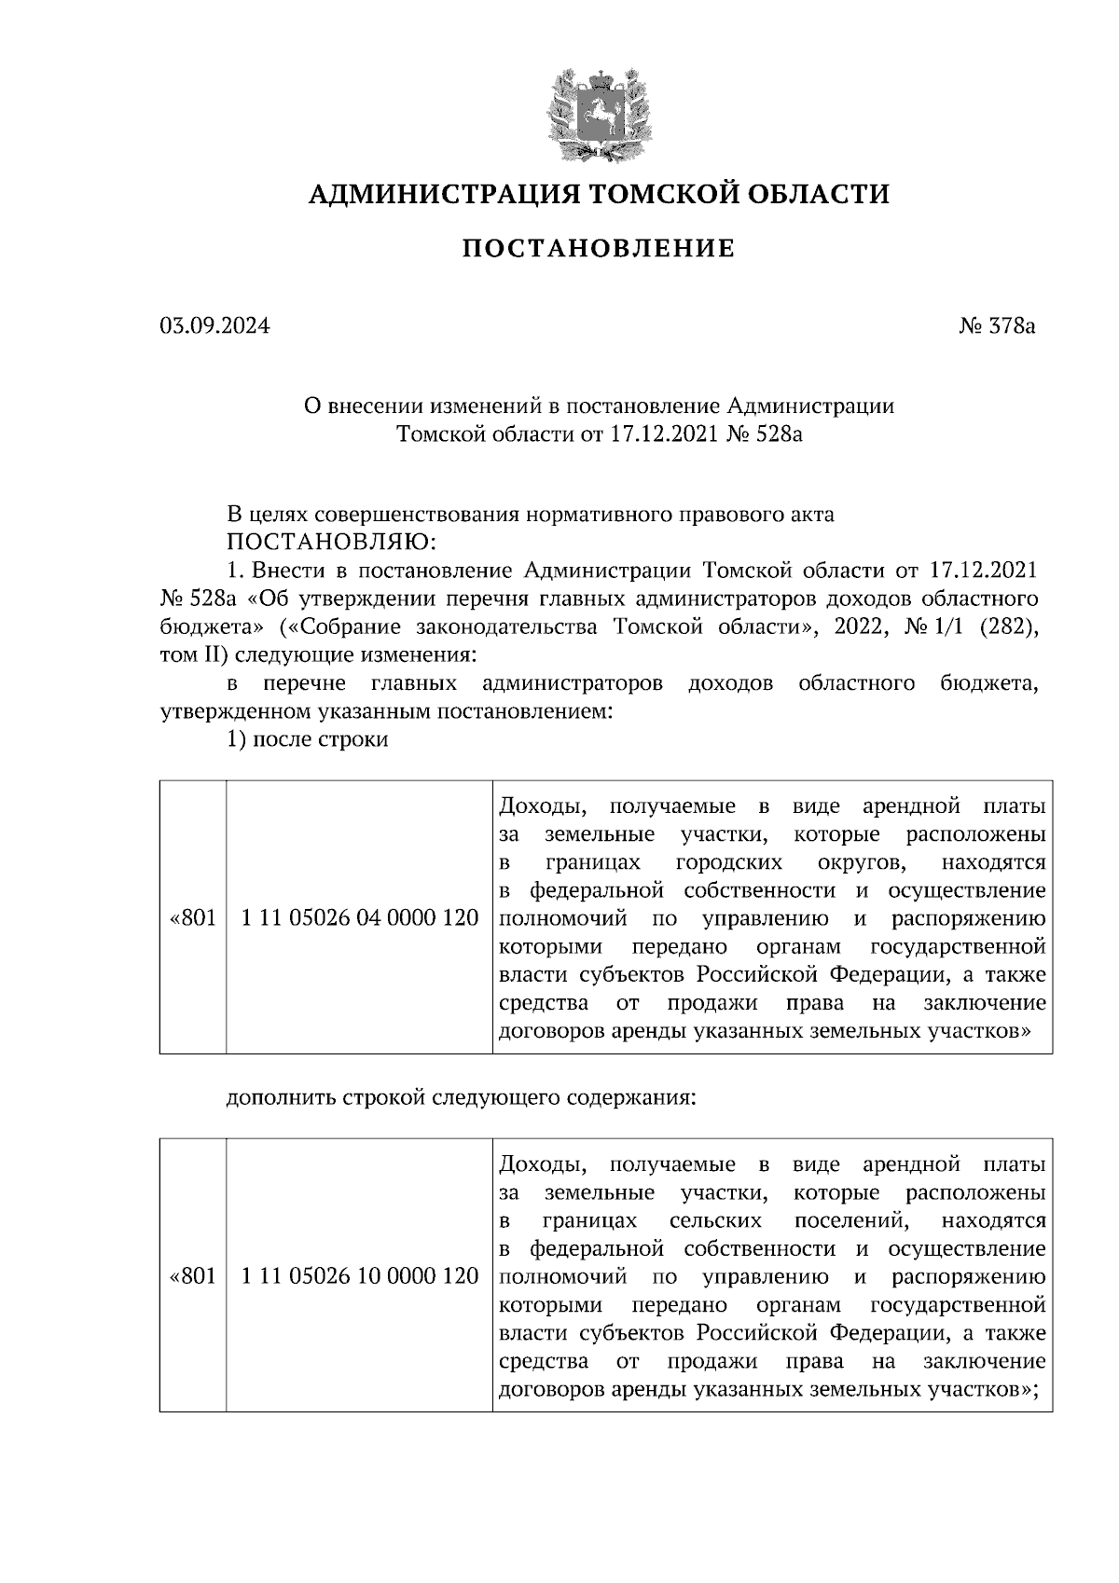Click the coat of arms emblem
tap(599, 114)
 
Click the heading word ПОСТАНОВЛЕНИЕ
tap(599, 249)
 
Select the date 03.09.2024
tap(214, 327)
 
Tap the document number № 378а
tap(996, 327)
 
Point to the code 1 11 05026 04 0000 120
tap(359, 918)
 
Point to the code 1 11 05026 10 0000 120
tap(359, 1276)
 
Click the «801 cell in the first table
tap(193, 918)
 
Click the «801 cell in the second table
tap(193, 1276)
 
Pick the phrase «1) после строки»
tap(308, 741)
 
